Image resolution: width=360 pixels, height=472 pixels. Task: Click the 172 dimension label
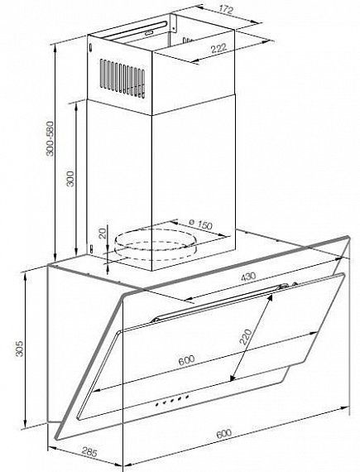[x=226, y=10]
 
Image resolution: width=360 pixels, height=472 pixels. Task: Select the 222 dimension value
[x=218, y=49]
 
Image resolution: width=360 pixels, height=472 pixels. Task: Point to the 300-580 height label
[x=50, y=138]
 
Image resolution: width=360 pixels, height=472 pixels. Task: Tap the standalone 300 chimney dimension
[x=70, y=179]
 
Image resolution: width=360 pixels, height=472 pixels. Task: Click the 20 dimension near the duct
[x=103, y=234]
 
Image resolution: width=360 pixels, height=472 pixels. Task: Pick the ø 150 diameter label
[x=201, y=224]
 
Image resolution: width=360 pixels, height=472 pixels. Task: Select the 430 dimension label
[x=248, y=276]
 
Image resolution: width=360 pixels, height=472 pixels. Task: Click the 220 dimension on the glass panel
[x=246, y=337]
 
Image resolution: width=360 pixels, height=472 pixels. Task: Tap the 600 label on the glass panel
[x=186, y=360]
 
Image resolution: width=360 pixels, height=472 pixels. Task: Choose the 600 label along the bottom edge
[x=224, y=433]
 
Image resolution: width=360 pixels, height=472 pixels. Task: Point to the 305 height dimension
[x=19, y=349]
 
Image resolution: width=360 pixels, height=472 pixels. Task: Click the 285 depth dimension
[x=89, y=452]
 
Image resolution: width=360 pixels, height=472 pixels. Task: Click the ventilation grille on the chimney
[x=122, y=79]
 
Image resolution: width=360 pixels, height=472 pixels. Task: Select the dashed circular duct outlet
[x=156, y=245]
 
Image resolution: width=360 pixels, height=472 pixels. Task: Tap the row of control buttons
[x=172, y=401]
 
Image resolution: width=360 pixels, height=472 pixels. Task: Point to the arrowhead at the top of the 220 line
[x=271, y=297]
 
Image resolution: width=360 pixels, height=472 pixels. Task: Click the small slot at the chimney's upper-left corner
[x=90, y=48]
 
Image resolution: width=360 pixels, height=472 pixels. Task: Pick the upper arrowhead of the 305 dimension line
[x=26, y=277]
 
